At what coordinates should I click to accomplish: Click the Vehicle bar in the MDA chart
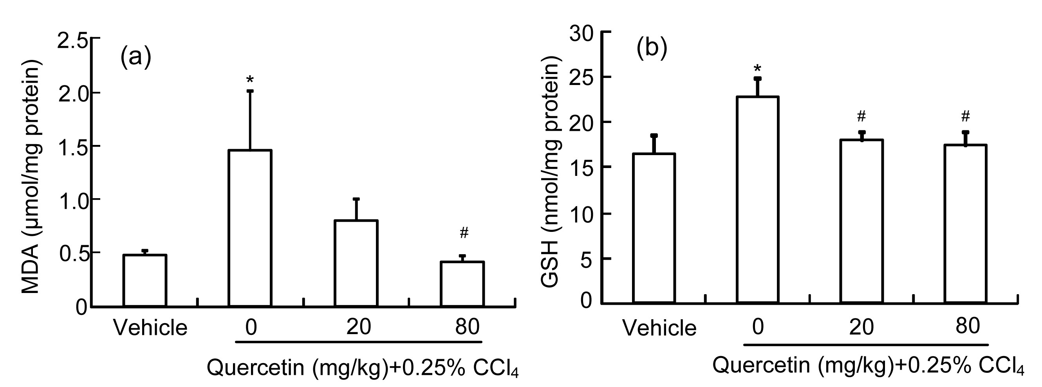point(145,280)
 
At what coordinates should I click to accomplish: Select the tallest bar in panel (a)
point(250,228)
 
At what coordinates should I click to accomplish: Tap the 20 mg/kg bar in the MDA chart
point(356,263)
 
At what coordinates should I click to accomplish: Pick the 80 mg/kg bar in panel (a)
point(462,284)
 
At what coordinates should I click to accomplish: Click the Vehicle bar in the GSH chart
point(654,228)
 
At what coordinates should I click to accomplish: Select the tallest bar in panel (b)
point(758,200)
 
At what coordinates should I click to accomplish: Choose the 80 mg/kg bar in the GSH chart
point(966,223)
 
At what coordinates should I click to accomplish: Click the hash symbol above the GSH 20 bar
point(861,117)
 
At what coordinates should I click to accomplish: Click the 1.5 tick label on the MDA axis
point(73,147)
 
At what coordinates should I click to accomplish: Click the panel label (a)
point(135,57)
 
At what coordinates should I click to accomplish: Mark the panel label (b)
point(652,49)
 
